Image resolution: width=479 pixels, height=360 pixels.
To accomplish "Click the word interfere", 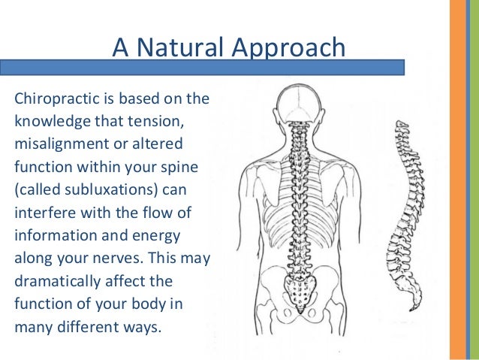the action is pyautogui.click(x=42, y=207).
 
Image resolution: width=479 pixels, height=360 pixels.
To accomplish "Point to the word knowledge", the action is pyautogui.click(x=49, y=121).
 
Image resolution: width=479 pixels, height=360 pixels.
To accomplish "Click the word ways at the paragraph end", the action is pyautogui.click(x=143, y=328).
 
